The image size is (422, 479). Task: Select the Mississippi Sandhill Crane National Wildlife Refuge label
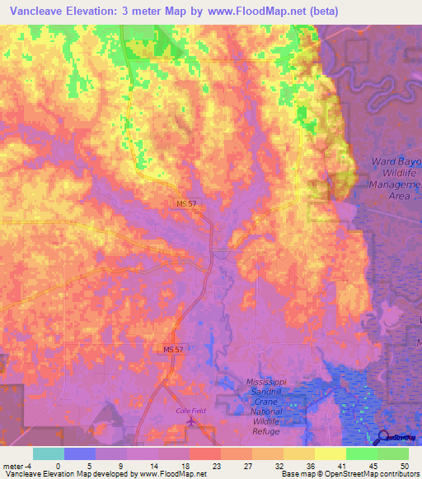pyautogui.click(x=276, y=402)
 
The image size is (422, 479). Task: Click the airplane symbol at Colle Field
pyautogui.click(x=193, y=421)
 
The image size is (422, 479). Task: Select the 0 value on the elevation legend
pyautogui.click(x=59, y=465)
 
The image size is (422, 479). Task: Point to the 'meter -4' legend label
pyautogui.click(x=16, y=465)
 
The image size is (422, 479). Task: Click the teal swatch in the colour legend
pyautogui.click(x=49, y=453)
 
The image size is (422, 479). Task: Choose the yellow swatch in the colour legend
pyautogui.click(x=330, y=453)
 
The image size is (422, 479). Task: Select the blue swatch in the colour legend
pyautogui.click(x=80, y=453)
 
